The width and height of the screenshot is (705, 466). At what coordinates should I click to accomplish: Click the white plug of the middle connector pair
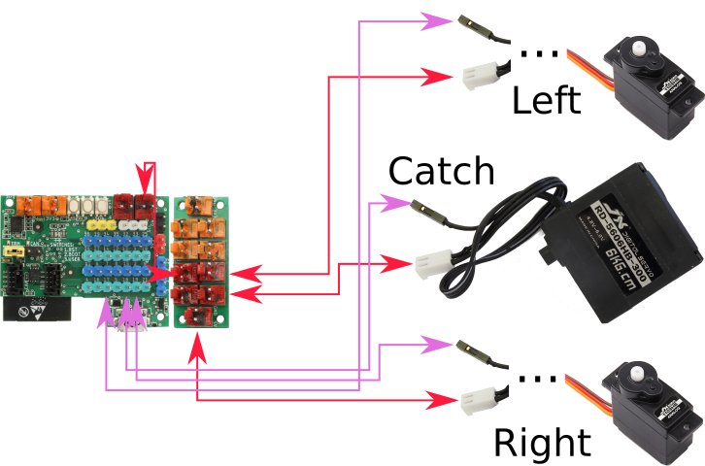[432, 263]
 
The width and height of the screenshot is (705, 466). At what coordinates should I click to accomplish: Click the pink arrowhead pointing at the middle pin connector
[394, 203]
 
